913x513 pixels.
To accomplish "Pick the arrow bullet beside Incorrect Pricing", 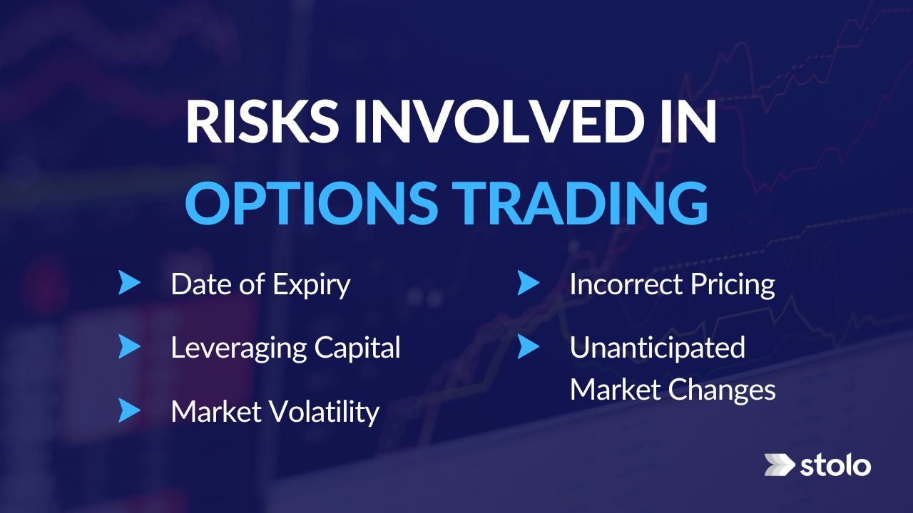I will pos(528,284).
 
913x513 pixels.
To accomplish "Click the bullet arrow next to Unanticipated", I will pos(528,347).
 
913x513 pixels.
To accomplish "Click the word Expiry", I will pos(312,285).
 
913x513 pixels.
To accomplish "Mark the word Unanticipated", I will pos(657,348).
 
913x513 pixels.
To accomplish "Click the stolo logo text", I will pos(835,466).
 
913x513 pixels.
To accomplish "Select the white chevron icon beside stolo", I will pos(779,465).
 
